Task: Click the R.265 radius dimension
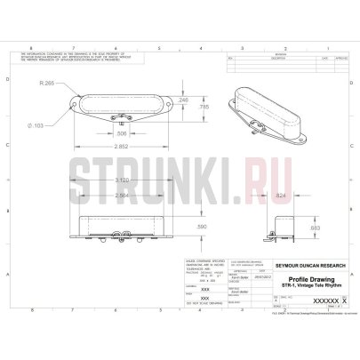coord(48,83)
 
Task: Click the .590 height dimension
coord(177,228)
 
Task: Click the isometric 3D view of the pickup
coord(268,108)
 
